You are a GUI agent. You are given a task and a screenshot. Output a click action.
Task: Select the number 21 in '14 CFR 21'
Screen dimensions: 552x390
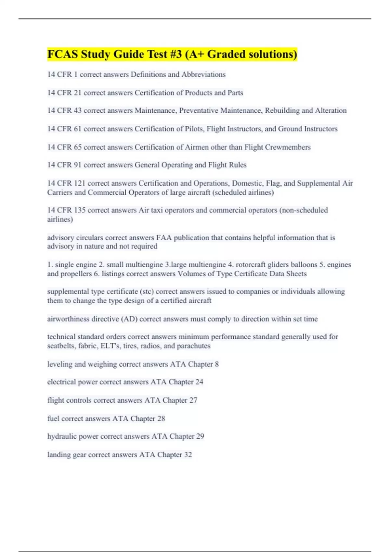77,93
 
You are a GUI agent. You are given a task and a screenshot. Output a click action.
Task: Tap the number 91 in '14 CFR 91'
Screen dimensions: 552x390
77,165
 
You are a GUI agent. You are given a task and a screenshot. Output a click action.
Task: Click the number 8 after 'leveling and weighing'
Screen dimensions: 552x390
217,364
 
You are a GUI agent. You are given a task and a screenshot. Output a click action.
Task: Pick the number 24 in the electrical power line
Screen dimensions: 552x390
199,382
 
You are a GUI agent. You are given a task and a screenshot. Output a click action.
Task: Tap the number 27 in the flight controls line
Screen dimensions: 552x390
193,400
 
